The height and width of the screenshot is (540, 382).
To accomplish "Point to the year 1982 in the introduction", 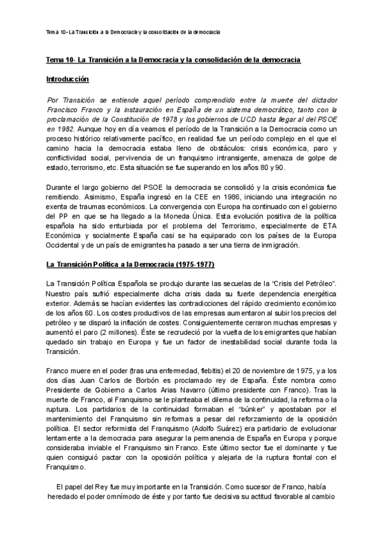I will click(x=62, y=129).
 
